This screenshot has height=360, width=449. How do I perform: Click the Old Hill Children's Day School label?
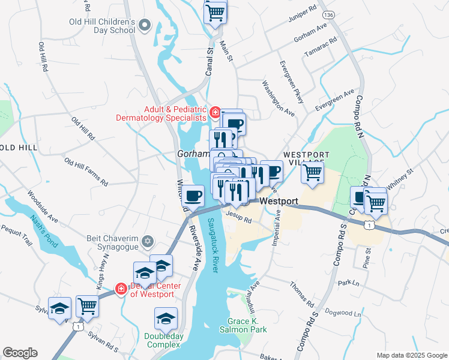(x=101, y=25)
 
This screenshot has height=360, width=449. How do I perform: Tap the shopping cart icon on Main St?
(x=215, y=11)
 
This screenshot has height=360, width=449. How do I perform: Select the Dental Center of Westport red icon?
(x=121, y=289)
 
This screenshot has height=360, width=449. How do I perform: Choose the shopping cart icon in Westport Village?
(x=312, y=172)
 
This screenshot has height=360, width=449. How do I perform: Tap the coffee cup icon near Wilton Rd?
(x=193, y=196)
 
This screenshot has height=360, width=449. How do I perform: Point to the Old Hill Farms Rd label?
(x=86, y=172)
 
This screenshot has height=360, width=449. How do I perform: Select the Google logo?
(x=20, y=353)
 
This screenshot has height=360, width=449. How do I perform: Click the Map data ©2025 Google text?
(x=412, y=355)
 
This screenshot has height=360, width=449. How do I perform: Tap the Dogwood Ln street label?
(x=342, y=313)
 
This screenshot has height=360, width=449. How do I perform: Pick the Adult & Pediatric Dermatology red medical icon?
(x=214, y=111)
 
